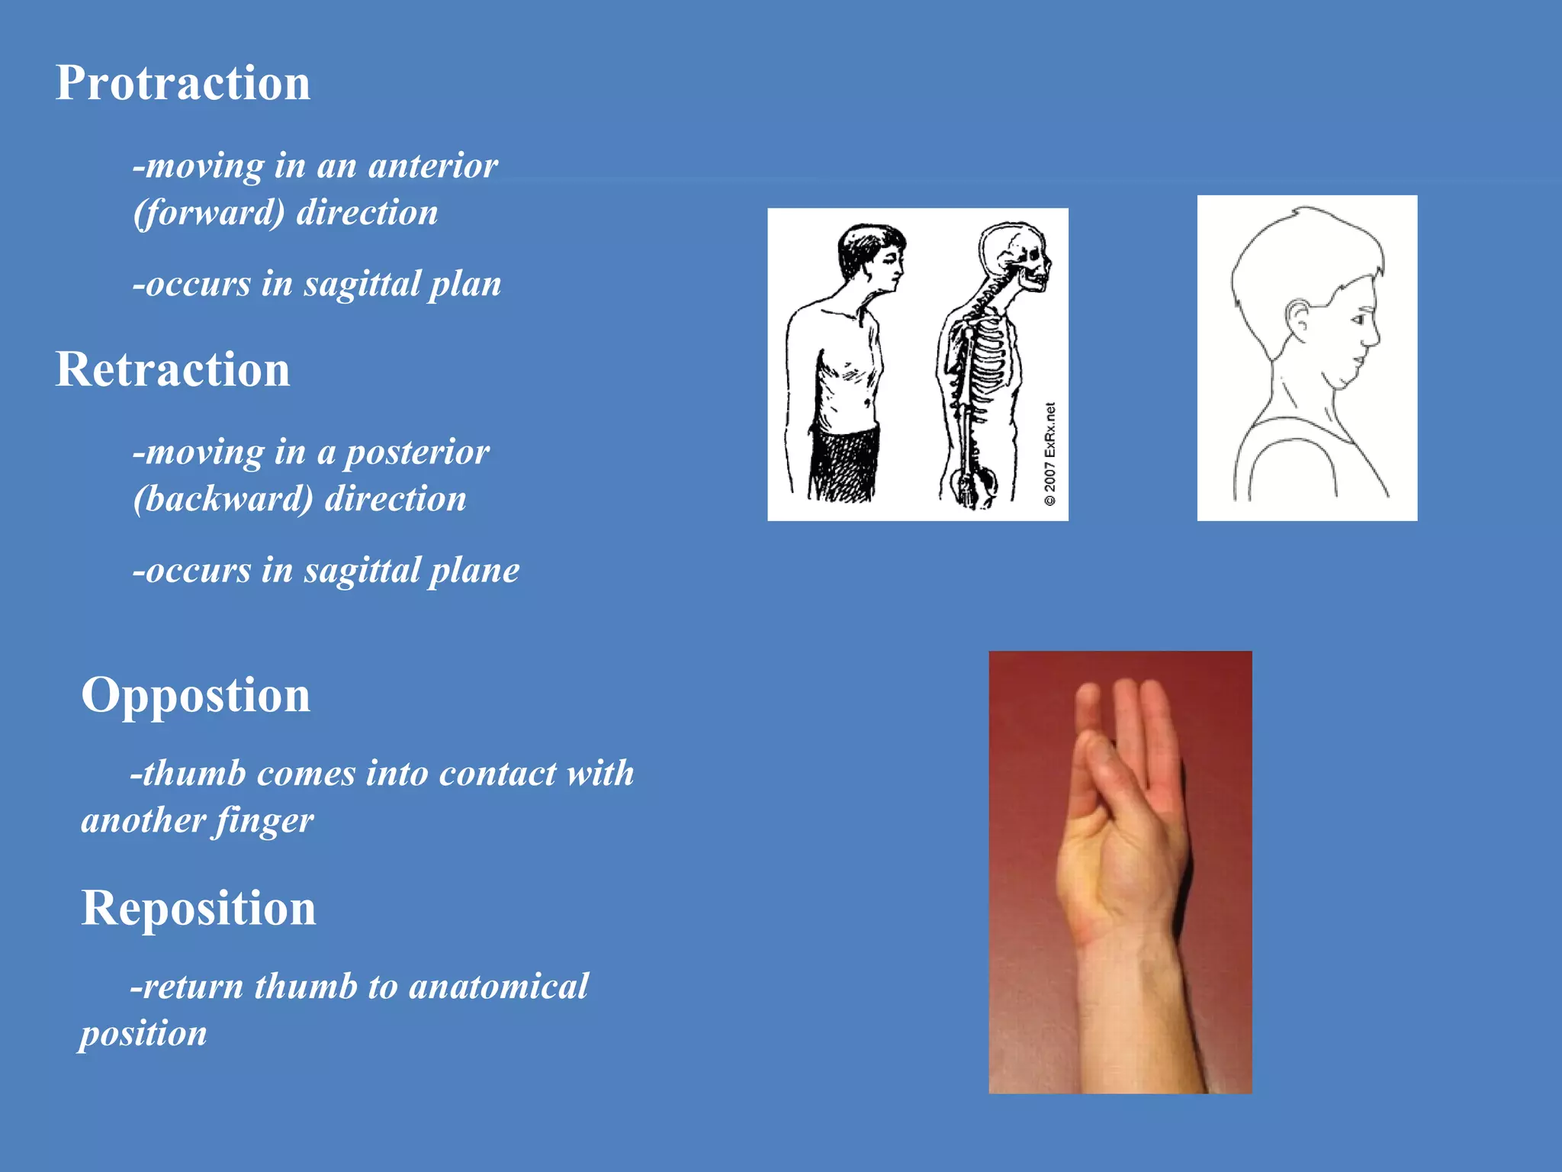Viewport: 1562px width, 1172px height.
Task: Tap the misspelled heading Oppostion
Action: pos(196,695)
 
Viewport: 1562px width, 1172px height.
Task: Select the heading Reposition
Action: pos(198,908)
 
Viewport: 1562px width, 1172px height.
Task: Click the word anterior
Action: pos(432,166)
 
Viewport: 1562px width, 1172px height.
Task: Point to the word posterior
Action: pos(417,452)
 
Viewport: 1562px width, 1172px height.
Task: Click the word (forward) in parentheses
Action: pos(209,213)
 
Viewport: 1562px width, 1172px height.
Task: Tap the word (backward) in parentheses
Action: pos(223,500)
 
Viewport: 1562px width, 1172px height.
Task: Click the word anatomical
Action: pos(499,987)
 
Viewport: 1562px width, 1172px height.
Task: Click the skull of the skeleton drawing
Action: pos(1014,256)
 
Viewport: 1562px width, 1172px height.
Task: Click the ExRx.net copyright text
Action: pos(1050,454)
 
